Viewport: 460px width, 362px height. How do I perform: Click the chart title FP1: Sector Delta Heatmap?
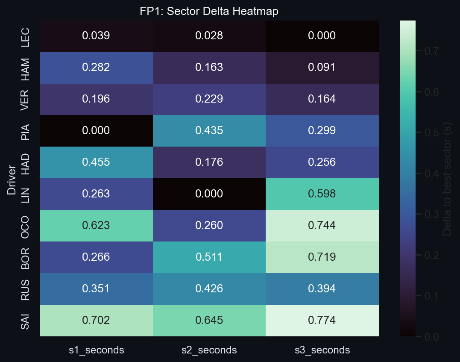209,12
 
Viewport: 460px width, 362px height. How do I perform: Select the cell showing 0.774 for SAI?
322,321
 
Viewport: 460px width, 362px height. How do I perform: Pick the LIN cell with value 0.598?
322,194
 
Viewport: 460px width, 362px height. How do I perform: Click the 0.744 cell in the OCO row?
322,226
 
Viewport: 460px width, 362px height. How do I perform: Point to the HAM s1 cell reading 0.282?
96,68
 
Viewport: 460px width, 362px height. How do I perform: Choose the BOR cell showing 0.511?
209,257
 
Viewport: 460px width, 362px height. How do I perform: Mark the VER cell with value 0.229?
209,99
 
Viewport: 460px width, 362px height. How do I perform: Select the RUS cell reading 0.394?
322,289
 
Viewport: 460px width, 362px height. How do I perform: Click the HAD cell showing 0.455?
96,162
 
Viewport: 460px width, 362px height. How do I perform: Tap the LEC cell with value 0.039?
96,36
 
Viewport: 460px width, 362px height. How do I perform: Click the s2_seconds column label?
209,350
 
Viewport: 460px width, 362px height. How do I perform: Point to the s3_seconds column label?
322,350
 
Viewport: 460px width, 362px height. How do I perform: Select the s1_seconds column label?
96,350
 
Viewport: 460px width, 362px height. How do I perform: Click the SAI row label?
26,321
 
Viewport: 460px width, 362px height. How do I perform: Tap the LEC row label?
26,36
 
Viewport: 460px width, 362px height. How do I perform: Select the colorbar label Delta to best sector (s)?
447,179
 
